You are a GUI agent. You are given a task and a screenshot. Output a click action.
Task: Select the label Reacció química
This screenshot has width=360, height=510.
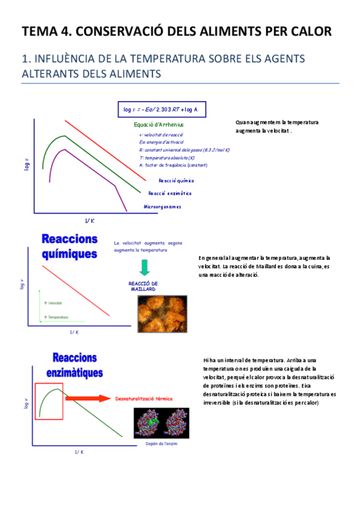pos(176,180)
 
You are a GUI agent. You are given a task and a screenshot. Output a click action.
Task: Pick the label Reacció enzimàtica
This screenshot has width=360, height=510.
pos(170,193)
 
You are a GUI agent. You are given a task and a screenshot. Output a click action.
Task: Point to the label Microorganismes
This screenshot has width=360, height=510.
pos(162,206)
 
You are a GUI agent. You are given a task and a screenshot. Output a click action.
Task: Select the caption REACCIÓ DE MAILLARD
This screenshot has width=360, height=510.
pos(143,286)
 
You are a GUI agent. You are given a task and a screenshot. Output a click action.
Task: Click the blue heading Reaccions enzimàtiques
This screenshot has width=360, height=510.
pos(75,365)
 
